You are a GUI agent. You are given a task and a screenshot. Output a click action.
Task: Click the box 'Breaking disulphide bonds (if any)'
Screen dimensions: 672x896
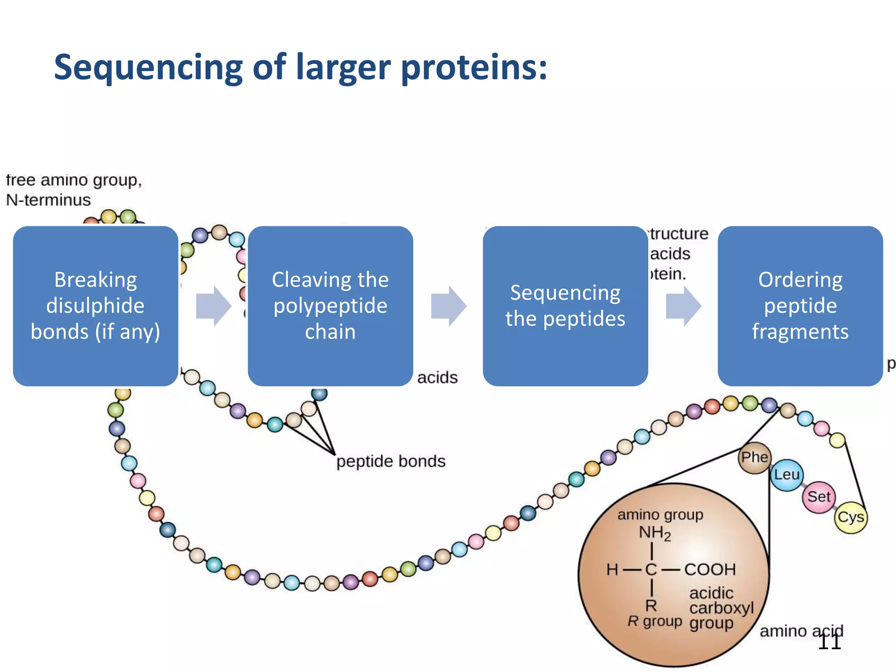coord(95,306)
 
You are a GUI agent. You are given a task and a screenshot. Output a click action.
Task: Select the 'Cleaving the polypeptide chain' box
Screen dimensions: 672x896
coord(330,306)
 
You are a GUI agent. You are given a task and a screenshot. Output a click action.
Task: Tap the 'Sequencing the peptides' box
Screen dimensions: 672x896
coord(565,306)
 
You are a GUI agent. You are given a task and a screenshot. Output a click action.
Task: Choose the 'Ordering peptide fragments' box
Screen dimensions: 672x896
coord(800,306)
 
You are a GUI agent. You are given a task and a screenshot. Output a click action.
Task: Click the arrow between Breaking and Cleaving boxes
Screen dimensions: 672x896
coord(213,306)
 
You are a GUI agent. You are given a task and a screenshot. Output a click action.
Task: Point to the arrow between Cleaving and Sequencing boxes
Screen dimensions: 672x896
coord(448,306)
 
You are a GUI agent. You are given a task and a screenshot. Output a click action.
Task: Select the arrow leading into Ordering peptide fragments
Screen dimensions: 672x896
coord(683,306)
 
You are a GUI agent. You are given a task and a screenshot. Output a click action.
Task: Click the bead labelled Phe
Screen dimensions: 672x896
coord(754,458)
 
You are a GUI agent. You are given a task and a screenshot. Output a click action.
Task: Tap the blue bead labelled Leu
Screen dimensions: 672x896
coord(786,475)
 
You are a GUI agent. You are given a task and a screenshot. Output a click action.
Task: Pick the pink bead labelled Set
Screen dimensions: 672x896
coord(819,497)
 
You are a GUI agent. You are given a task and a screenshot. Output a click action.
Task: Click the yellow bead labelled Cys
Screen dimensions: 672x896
coord(850,518)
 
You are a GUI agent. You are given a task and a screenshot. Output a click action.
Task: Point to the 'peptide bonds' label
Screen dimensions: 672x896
coord(391,462)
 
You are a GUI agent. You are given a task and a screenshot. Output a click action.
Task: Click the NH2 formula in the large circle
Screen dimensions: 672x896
coord(654,533)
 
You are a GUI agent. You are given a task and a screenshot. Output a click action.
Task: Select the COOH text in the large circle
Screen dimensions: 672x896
coord(710,570)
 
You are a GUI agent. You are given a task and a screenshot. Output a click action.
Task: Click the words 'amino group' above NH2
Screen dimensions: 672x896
coord(660,515)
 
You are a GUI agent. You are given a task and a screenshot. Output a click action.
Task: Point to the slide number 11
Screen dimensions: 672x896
coord(829,642)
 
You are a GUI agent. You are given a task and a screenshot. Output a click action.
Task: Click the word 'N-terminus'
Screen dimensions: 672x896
coord(48,200)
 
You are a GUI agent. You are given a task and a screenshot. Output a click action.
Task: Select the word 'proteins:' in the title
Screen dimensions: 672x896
coord(474,68)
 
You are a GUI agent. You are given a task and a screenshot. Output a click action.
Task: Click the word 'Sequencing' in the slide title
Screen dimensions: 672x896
coord(148,68)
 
